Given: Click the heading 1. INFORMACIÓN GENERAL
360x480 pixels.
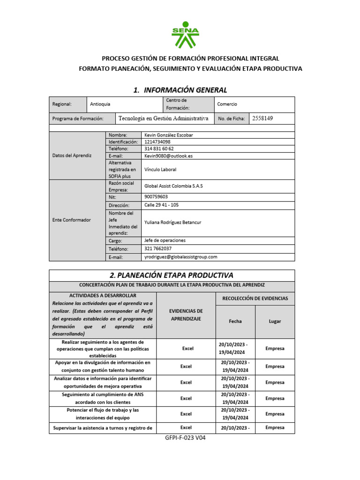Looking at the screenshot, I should point(180,90).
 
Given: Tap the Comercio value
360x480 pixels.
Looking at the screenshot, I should point(227,104).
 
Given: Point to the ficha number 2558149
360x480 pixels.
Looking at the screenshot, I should point(262,119).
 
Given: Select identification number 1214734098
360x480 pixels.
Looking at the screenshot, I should point(157,142).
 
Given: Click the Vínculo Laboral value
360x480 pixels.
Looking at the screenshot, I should point(160,169).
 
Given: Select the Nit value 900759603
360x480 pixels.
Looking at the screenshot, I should point(156,197).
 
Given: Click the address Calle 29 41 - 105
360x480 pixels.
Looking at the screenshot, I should point(162,205).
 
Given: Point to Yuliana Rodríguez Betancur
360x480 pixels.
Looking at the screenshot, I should point(173,223).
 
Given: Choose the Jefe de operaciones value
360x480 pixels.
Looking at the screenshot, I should point(165,240).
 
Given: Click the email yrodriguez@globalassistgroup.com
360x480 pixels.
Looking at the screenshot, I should point(181,257).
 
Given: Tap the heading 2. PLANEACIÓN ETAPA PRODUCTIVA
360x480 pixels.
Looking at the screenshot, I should point(172,275).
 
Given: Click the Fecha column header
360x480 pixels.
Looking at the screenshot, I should point(235,322).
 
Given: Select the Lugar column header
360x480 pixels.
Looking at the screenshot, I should point(275,322).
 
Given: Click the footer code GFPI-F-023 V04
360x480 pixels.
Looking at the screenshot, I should point(186,438).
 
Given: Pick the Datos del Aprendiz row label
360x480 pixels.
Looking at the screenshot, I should point(72,155).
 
